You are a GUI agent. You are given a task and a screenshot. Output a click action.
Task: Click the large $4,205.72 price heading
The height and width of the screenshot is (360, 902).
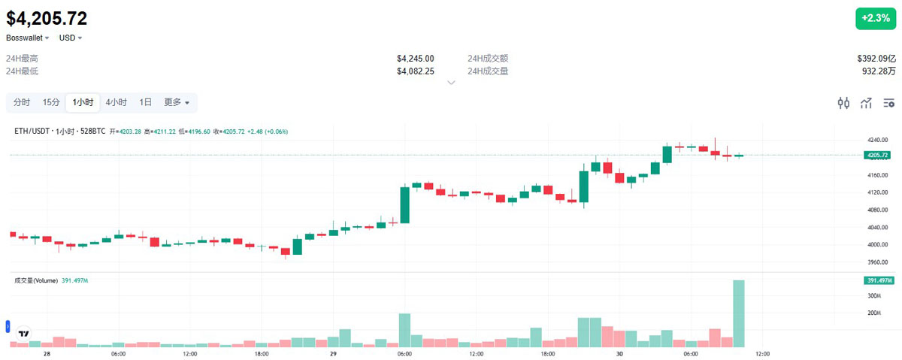[x=47, y=18]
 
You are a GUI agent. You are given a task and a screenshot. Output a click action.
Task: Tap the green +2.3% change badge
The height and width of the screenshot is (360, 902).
[x=875, y=19]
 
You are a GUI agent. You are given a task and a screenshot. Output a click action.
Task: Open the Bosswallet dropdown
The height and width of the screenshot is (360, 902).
[x=28, y=38]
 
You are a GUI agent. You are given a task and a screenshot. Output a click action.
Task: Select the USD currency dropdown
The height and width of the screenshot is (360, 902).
[x=70, y=38]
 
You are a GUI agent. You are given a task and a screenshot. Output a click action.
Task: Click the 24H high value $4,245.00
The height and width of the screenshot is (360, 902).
[x=415, y=59]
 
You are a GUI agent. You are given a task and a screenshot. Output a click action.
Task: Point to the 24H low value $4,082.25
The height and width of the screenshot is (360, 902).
[x=415, y=71]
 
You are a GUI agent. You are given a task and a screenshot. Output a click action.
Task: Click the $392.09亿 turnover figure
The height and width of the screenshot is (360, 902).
[x=876, y=59]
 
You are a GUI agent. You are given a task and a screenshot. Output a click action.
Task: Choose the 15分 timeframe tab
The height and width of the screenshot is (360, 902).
[x=51, y=102]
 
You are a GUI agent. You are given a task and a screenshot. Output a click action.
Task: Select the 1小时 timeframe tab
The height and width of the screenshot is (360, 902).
[x=83, y=102]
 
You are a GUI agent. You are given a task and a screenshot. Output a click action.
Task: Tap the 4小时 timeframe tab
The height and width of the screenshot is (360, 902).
[x=117, y=102]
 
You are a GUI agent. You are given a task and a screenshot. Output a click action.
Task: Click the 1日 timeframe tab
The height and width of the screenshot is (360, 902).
[x=146, y=102]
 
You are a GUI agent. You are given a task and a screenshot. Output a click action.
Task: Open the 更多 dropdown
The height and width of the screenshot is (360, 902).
[x=177, y=102]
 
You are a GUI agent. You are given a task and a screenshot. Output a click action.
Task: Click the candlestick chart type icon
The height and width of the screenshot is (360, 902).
[x=843, y=103]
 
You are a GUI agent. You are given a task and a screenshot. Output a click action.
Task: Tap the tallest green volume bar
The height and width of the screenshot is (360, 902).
[x=738, y=313]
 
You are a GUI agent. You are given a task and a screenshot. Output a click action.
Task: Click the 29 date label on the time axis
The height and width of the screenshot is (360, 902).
[x=333, y=353]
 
